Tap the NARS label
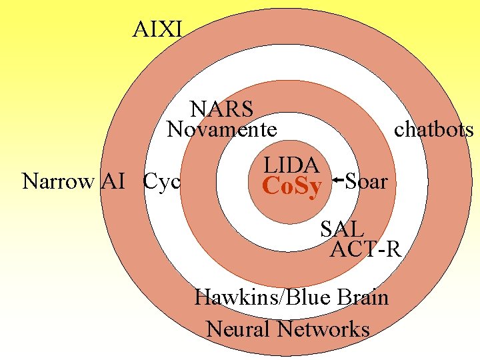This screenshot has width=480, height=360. [221, 108]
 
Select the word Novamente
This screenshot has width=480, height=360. [221, 129]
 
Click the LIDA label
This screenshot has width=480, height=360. [291, 165]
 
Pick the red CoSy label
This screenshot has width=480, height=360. [292, 187]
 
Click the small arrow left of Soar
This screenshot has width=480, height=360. [337, 179]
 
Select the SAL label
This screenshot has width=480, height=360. [341, 229]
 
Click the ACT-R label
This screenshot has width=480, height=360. [366, 249]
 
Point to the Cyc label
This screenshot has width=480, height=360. [162, 181]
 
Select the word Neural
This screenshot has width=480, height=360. [239, 329]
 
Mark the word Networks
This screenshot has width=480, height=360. [324, 329]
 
